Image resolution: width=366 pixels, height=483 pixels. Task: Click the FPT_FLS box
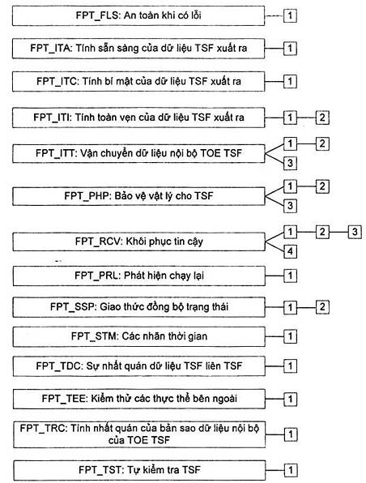pyautogui.click(x=138, y=15)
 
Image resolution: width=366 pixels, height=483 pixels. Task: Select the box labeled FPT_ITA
pyautogui.click(x=138, y=49)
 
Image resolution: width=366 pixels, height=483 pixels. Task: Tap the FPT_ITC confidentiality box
pyautogui.click(x=138, y=82)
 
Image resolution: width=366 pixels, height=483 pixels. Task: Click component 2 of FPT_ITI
pyautogui.click(x=322, y=118)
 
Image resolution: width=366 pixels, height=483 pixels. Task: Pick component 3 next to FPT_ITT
pyautogui.click(x=290, y=163)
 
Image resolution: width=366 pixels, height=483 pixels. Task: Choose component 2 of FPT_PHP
pyautogui.click(x=322, y=186)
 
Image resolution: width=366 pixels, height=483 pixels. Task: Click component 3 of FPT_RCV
pyautogui.click(x=355, y=232)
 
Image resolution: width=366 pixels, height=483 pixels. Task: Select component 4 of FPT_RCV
pyautogui.click(x=290, y=251)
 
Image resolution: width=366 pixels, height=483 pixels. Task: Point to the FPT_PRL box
pyautogui.click(x=138, y=276)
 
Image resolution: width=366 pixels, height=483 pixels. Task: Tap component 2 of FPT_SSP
pyautogui.click(x=322, y=307)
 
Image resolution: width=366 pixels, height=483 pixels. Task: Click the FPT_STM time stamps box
pyautogui.click(x=138, y=336)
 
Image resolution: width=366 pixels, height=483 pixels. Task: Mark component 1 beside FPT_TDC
pyautogui.click(x=290, y=366)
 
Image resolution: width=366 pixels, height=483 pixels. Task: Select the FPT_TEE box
pyautogui.click(x=138, y=399)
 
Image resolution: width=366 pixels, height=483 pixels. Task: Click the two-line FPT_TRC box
pyautogui.click(x=139, y=434)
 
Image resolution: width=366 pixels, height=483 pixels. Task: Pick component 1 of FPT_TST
pyautogui.click(x=290, y=470)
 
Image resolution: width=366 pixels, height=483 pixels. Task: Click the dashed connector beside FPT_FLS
pyautogui.click(x=274, y=15)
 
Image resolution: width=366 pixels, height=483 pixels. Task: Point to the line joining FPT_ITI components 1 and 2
pyautogui.click(x=306, y=118)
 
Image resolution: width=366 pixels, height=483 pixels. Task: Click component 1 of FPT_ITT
pyautogui.click(x=290, y=143)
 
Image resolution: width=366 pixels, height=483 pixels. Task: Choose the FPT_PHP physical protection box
pyautogui.click(x=138, y=196)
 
